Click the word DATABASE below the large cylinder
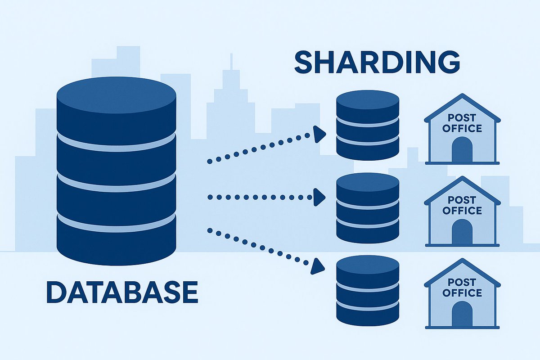pyautogui.click(x=121, y=292)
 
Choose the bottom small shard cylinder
pyautogui.click(x=368, y=290)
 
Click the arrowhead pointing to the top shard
pyautogui.click(x=319, y=133)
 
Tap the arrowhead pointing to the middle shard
pyautogui.click(x=319, y=197)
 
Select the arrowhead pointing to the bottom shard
pyautogui.click(x=319, y=266)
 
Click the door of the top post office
pyautogui.click(x=462, y=150)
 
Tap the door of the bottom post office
pyautogui.click(x=462, y=315)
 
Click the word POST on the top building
pyautogui.click(x=462, y=118)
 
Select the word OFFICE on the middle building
pyautogui.click(x=462, y=211)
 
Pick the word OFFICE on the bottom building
pyautogui.click(x=462, y=293)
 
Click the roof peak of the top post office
pyautogui.click(x=462, y=95)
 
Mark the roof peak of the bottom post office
pyautogui.click(x=462, y=260)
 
